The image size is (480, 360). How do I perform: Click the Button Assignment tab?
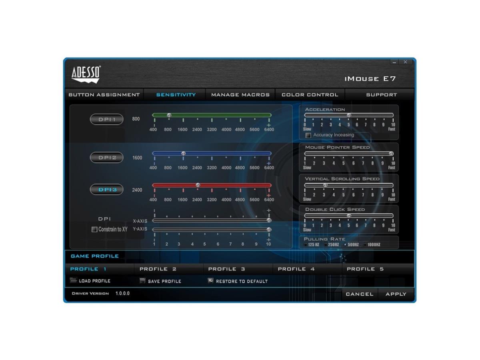[x=104, y=95]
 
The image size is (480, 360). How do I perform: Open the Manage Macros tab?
[x=240, y=95]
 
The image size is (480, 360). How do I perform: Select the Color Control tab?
[x=310, y=95]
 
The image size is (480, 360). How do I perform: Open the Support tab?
[x=381, y=95]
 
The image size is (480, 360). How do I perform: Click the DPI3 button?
[x=107, y=189]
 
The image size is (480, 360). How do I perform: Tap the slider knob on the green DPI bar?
[x=169, y=115]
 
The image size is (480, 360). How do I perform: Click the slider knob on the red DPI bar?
[x=198, y=185]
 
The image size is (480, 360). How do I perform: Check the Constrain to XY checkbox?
[x=94, y=229]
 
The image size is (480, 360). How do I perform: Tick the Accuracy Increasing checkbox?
[x=308, y=135]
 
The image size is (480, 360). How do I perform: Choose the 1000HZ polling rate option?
[x=365, y=245]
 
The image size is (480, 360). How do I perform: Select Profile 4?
[x=296, y=269]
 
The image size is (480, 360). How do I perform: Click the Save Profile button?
[x=160, y=281]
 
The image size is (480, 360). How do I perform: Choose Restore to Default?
[x=238, y=281]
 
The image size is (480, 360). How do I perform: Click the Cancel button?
[x=360, y=294]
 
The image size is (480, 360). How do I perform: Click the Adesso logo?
[x=86, y=74]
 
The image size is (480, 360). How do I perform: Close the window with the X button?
[x=405, y=62]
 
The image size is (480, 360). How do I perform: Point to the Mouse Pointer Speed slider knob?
[x=391, y=154]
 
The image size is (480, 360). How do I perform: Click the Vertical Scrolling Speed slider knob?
[x=325, y=185]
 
